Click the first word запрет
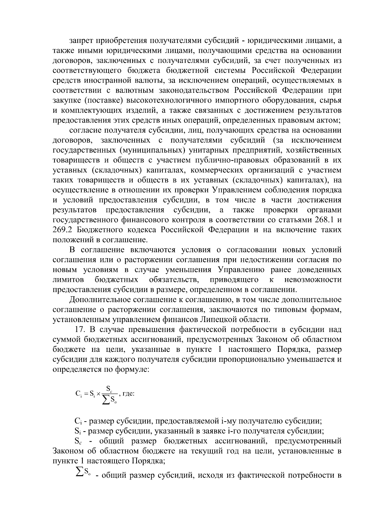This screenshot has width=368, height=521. tap(81, 41)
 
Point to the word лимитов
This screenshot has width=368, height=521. tap(68, 280)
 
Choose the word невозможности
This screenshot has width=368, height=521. tap(313, 280)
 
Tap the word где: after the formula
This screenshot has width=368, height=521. tap(128, 393)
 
